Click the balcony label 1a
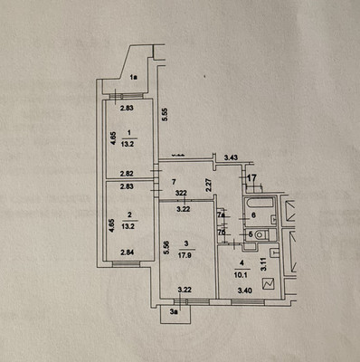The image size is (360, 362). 133,78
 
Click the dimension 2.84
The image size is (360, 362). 128,264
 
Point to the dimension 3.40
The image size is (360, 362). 242,290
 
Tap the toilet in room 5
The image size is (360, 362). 261,235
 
